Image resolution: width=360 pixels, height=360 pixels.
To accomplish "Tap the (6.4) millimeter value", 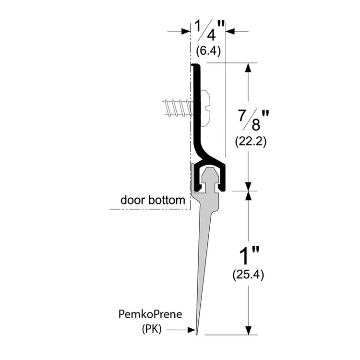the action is pos(208,51).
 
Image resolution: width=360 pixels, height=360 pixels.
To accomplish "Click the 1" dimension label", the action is pos(249,255).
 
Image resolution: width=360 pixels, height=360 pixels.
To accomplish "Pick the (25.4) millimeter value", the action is pos(248,275).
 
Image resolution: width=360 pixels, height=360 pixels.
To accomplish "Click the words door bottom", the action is pos(153,200).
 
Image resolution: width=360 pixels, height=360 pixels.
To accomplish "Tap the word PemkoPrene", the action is pos(150,314).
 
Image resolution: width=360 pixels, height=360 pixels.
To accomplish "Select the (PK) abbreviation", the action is pos(152,329).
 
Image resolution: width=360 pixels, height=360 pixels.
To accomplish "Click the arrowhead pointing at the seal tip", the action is pos(192,330).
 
